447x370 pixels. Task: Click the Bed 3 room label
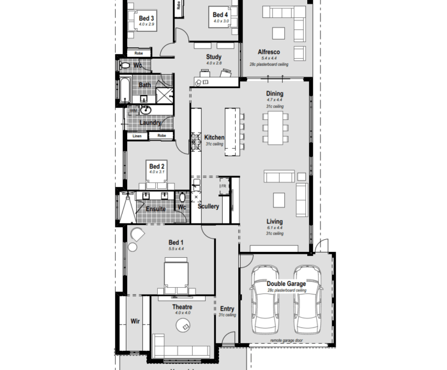coord(147,18)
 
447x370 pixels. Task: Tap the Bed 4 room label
coord(220,15)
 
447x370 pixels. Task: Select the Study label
coord(214,57)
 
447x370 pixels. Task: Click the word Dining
coord(275,94)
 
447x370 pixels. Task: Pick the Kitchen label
coord(214,137)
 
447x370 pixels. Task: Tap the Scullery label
coord(208,207)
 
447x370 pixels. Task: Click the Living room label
coord(275,222)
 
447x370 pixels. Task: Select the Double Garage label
coord(286,284)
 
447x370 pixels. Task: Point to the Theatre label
coord(182,307)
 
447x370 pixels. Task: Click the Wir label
coord(135,321)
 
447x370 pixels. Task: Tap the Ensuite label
coord(156,209)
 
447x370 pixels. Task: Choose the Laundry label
coord(150,122)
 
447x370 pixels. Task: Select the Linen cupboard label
coord(137,136)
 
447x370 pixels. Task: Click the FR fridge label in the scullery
coord(223,186)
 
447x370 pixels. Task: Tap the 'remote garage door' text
coord(286,341)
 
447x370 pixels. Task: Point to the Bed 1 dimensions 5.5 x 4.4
coord(176,249)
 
